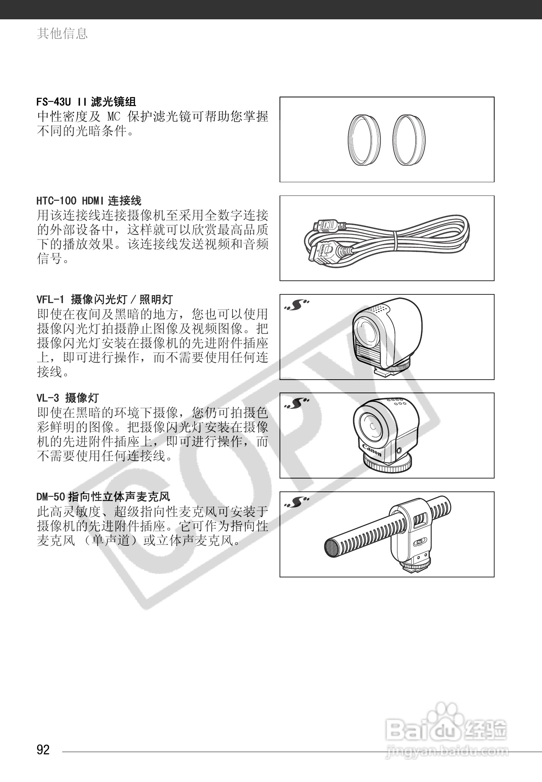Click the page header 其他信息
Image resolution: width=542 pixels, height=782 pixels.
pyautogui.click(x=62, y=33)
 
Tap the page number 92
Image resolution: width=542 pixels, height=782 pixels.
pyautogui.click(x=43, y=749)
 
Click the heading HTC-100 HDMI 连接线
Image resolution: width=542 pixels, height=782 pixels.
pyautogui.click(x=89, y=200)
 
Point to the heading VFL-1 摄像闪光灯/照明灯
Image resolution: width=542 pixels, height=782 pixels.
pyautogui.click(x=105, y=299)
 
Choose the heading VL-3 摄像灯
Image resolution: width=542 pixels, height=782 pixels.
pyautogui.click(x=68, y=398)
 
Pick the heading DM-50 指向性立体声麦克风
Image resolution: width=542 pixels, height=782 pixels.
pyautogui.click(x=103, y=496)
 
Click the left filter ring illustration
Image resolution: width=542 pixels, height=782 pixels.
pyautogui.click(x=364, y=139)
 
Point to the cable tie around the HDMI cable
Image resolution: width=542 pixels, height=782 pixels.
pyautogui.click(x=395, y=241)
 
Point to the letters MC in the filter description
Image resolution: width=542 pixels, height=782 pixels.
pyautogui.click(x=113, y=117)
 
